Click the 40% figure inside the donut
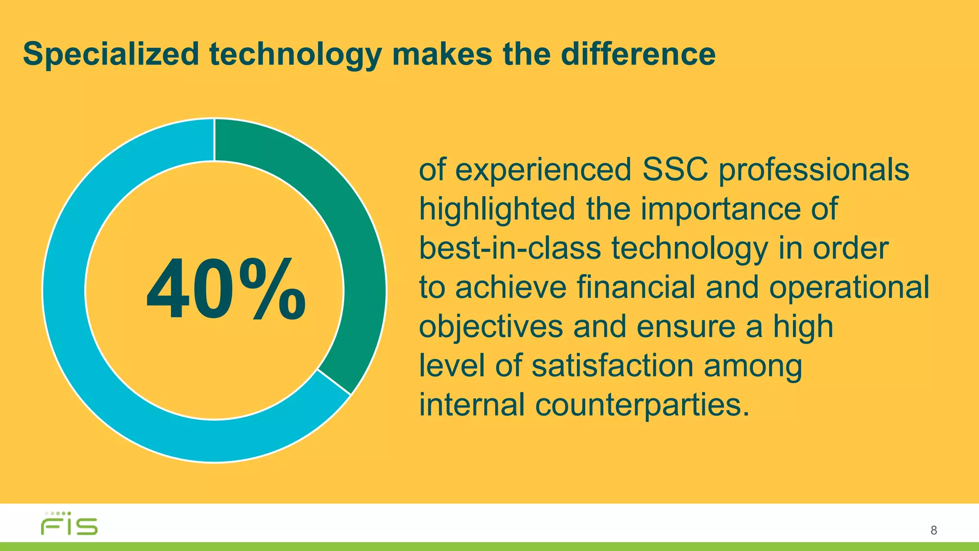tap(226, 289)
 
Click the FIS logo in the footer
tap(69, 524)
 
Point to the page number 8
tap(934, 530)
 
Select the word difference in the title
tap(638, 54)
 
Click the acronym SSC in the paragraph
tap(675, 170)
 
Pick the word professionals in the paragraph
tap(814, 171)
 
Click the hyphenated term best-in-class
tap(510, 248)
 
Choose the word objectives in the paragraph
tap(491, 327)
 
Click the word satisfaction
tap(612, 366)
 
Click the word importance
tap(720, 209)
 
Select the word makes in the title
tap(442, 54)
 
